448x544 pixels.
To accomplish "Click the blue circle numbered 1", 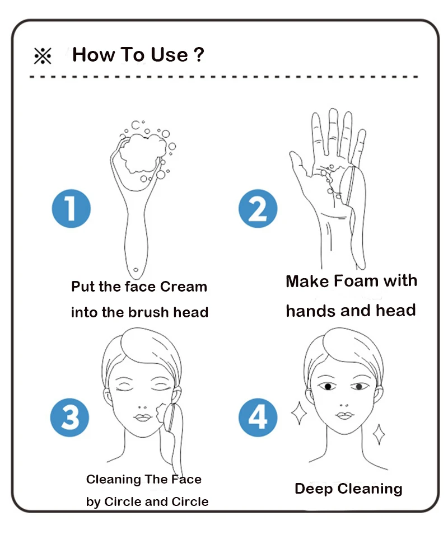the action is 71,209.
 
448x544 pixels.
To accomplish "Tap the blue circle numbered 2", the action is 258,209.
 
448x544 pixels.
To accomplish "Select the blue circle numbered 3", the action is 70,418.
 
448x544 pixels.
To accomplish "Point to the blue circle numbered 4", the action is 258,418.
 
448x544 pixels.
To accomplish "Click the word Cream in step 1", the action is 184,287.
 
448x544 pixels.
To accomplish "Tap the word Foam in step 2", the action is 356,280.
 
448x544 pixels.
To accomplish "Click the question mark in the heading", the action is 199,55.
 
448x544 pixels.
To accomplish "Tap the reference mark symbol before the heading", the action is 43,56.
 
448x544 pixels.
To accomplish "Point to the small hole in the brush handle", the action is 136,270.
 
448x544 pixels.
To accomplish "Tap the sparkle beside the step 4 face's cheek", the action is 299,413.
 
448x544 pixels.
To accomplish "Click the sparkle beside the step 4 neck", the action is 379,434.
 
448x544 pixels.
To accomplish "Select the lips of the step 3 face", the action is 143,417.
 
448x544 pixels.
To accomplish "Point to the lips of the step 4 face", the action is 344,415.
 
